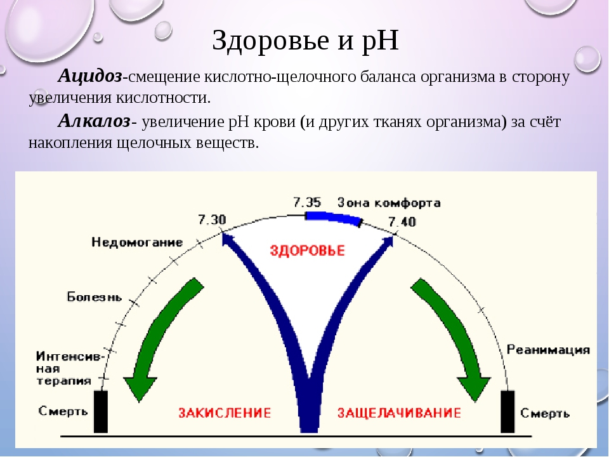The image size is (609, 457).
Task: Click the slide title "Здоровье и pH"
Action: pyautogui.click(x=305, y=41)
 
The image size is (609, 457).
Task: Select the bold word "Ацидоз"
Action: pyautogui.click(x=90, y=76)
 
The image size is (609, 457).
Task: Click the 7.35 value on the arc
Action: pyautogui.click(x=307, y=202)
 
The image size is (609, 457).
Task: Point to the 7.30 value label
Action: pyautogui.click(x=212, y=220)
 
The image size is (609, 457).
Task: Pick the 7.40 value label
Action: pyautogui.click(x=402, y=222)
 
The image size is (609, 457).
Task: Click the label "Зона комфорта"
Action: pyautogui.click(x=389, y=203)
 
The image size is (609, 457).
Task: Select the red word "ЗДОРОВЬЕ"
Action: pyautogui.click(x=307, y=250)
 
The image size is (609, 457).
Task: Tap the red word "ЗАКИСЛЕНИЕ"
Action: pyautogui.click(x=225, y=413)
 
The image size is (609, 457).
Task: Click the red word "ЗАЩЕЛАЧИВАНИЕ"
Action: pyautogui.click(x=399, y=413)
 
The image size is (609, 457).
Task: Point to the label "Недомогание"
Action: pyautogui.click(x=137, y=242)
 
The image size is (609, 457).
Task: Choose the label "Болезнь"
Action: pyautogui.click(x=95, y=297)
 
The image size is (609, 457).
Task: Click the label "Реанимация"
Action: pyautogui.click(x=548, y=350)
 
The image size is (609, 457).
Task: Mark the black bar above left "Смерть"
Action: pyautogui.click(x=101, y=411)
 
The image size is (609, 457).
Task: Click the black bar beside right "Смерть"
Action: pyautogui.click(x=507, y=411)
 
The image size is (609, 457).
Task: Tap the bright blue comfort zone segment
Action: pyautogui.click(x=333, y=217)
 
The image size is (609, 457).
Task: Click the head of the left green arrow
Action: pyautogui.click(x=140, y=388)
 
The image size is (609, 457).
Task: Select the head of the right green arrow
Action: pyautogui.click(x=473, y=388)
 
